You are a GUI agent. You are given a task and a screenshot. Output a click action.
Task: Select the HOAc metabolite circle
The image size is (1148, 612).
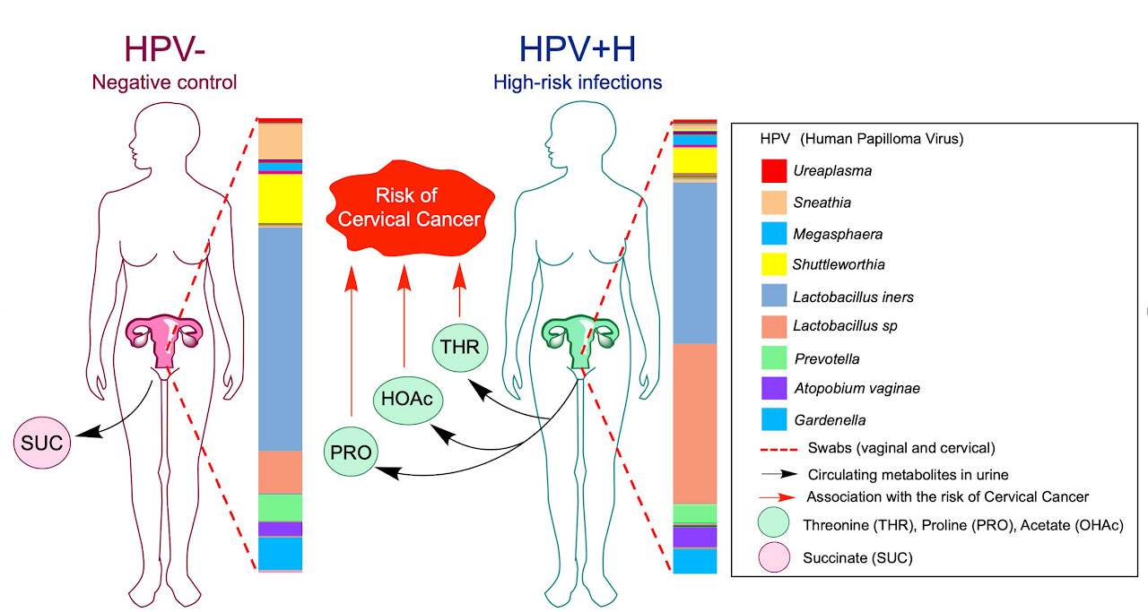pyautogui.click(x=404, y=399)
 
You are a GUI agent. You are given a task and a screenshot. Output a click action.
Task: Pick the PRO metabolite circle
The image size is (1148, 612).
pyautogui.click(x=351, y=452)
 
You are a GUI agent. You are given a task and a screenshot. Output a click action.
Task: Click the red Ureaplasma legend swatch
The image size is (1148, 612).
pyautogui.click(x=774, y=170)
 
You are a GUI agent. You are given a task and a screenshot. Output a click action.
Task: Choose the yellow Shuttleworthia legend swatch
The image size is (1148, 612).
pyautogui.click(x=774, y=264)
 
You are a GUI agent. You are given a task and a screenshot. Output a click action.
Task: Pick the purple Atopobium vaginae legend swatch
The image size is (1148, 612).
pyautogui.click(x=774, y=389)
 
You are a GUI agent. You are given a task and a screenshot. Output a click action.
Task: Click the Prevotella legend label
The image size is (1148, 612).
pyautogui.click(x=826, y=358)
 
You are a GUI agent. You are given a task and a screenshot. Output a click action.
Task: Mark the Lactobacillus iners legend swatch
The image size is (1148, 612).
pyautogui.click(x=774, y=296)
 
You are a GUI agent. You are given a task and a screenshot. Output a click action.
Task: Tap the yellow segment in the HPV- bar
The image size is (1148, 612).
pyautogui.click(x=280, y=198)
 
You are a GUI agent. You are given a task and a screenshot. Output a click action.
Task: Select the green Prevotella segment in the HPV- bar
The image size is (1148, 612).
pyautogui.click(x=280, y=507)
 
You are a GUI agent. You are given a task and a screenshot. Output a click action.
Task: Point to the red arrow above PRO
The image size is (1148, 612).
pyautogui.click(x=351, y=349)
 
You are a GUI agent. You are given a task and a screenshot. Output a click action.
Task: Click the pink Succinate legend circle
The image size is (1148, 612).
pyautogui.click(x=774, y=557)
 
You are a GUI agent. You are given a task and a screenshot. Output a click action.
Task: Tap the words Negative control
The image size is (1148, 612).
pyautogui.click(x=164, y=83)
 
